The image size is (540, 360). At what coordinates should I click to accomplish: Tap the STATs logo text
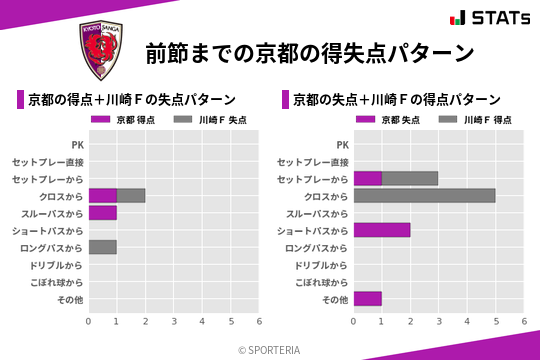point(492,18)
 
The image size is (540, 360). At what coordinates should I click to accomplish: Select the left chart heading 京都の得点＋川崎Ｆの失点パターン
point(132,99)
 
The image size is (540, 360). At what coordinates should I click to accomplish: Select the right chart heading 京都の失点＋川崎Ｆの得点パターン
point(397,99)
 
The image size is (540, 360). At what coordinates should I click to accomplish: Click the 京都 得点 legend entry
point(124,120)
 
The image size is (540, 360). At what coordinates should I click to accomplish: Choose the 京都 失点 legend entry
point(389,120)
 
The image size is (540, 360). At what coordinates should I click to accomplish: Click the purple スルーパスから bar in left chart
point(103,213)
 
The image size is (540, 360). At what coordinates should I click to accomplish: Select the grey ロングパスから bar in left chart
point(103,247)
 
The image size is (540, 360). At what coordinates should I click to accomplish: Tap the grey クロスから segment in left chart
point(131,195)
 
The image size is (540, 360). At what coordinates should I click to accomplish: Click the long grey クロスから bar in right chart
point(424,195)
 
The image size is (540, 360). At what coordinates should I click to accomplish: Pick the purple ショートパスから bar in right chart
point(382,230)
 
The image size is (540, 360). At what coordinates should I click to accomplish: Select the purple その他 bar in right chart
point(368,299)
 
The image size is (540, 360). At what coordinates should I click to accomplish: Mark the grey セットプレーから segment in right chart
point(410,178)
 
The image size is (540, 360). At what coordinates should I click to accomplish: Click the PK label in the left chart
point(78,144)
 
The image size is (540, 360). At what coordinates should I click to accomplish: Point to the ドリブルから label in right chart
point(322,265)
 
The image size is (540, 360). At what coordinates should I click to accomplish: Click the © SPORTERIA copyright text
point(270,349)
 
